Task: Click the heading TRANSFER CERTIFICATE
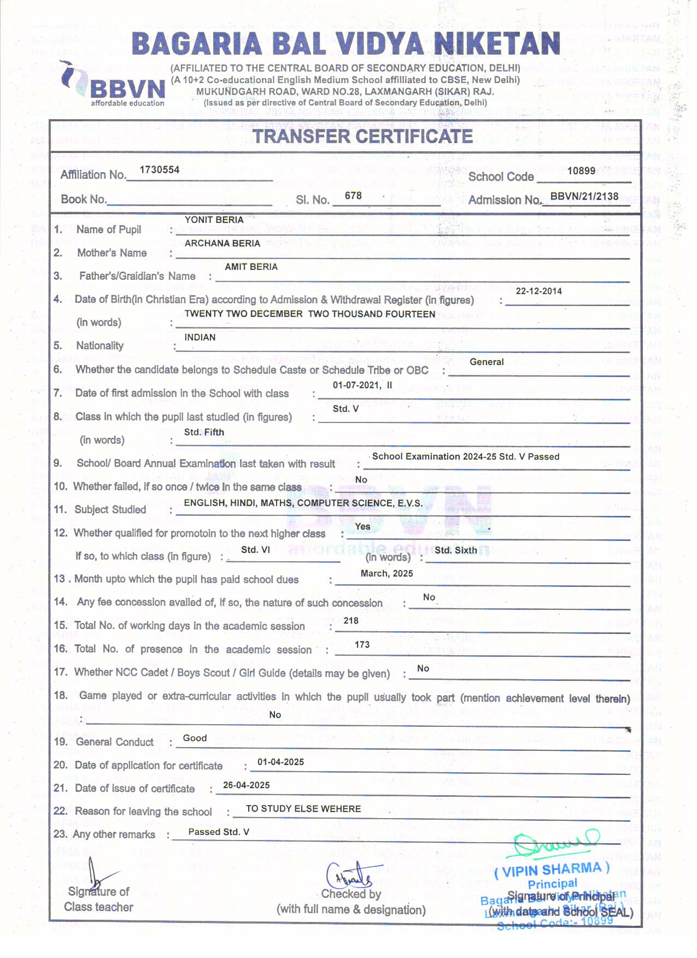(x=362, y=136)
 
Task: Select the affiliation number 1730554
(x=160, y=170)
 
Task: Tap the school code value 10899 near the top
(x=581, y=171)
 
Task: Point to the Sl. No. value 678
(x=353, y=196)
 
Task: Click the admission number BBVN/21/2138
(x=584, y=196)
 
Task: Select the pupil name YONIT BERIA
(x=214, y=220)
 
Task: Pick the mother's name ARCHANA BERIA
(x=222, y=243)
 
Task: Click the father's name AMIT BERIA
(x=251, y=267)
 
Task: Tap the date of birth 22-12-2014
(x=538, y=291)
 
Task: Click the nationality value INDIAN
(x=200, y=337)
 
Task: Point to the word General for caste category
(x=487, y=362)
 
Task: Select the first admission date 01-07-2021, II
(x=362, y=385)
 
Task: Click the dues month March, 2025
(x=386, y=573)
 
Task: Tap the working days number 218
(x=351, y=621)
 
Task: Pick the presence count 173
(x=362, y=645)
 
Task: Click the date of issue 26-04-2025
(x=247, y=785)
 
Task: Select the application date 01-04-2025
(x=280, y=762)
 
